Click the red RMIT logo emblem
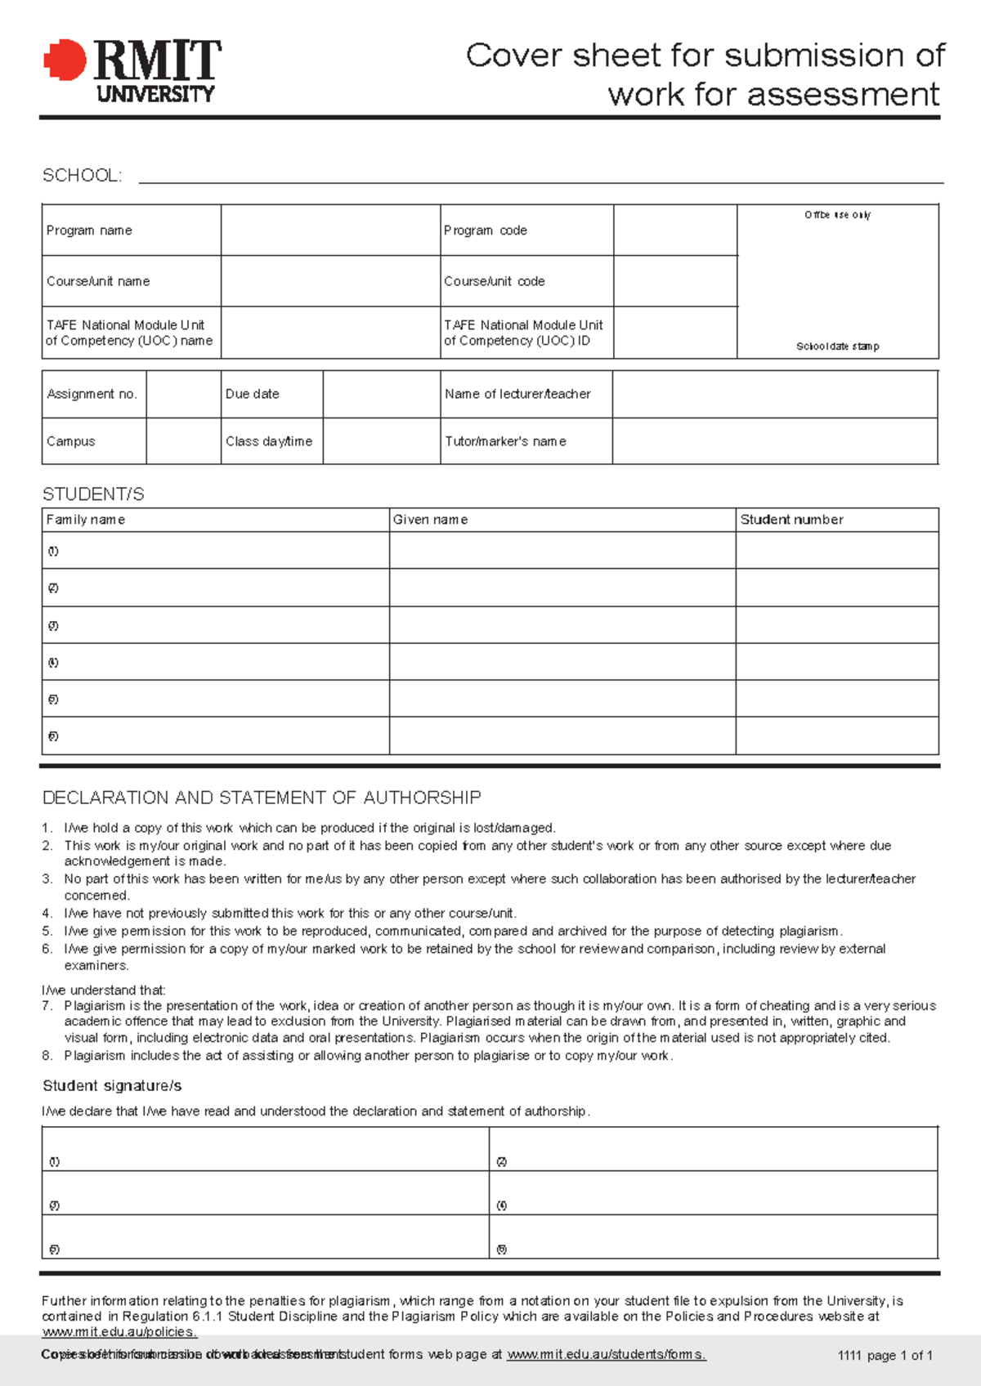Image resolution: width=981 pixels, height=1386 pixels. (x=65, y=60)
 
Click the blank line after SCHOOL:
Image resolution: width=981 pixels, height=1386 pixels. (x=540, y=176)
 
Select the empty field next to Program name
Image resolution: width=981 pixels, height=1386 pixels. (x=330, y=230)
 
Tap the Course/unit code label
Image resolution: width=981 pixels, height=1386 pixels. (x=494, y=281)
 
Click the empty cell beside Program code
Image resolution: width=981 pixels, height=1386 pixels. (x=674, y=230)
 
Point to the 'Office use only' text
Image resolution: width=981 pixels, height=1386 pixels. (x=837, y=215)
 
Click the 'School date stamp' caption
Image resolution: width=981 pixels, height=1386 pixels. (x=837, y=346)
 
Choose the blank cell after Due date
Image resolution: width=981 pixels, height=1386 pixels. (x=381, y=394)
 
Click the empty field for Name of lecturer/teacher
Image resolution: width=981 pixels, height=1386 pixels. (x=774, y=394)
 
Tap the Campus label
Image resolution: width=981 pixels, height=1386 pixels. (x=71, y=441)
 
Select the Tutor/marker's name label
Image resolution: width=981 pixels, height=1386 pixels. (x=505, y=441)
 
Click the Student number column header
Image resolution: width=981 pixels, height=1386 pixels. (x=791, y=520)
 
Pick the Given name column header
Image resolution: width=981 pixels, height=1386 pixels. (x=430, y=520)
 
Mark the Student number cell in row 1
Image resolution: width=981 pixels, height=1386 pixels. (x=836, y=551)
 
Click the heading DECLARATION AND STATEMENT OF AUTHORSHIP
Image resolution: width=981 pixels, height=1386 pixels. (x=262, y=798)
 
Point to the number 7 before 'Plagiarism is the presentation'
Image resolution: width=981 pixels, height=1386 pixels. (x=47, y=1006)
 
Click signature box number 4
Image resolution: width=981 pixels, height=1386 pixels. (x=713, y=1193)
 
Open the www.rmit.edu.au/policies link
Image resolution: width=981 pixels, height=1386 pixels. (x=119, y=1332)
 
